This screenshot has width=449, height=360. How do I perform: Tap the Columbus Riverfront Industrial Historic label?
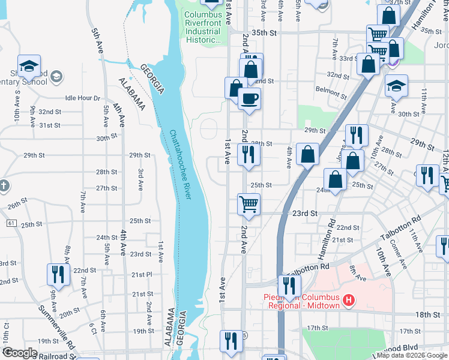[x=203, y=28]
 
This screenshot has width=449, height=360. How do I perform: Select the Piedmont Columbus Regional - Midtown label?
[x=301, y=301]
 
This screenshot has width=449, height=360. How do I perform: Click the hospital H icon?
[x=349, y=298]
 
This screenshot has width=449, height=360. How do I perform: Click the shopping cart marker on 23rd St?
[x=248, y=204]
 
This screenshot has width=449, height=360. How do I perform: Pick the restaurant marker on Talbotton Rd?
[x=289, y=286]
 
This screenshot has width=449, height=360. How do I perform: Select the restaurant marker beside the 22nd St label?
[x=58, y=274]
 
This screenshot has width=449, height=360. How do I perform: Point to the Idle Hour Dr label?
[x=82, y=98]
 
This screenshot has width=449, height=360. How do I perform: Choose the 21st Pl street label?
[x=142, y=275]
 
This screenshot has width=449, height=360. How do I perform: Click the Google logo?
[x=20, y=353]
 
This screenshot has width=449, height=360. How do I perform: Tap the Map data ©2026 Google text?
[x=411, y=355]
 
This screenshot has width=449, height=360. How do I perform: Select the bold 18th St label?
[x=427, y=314]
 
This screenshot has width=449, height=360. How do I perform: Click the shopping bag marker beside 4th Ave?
[x=307, y=154]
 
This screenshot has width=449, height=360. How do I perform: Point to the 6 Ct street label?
[x=93, y=330]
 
